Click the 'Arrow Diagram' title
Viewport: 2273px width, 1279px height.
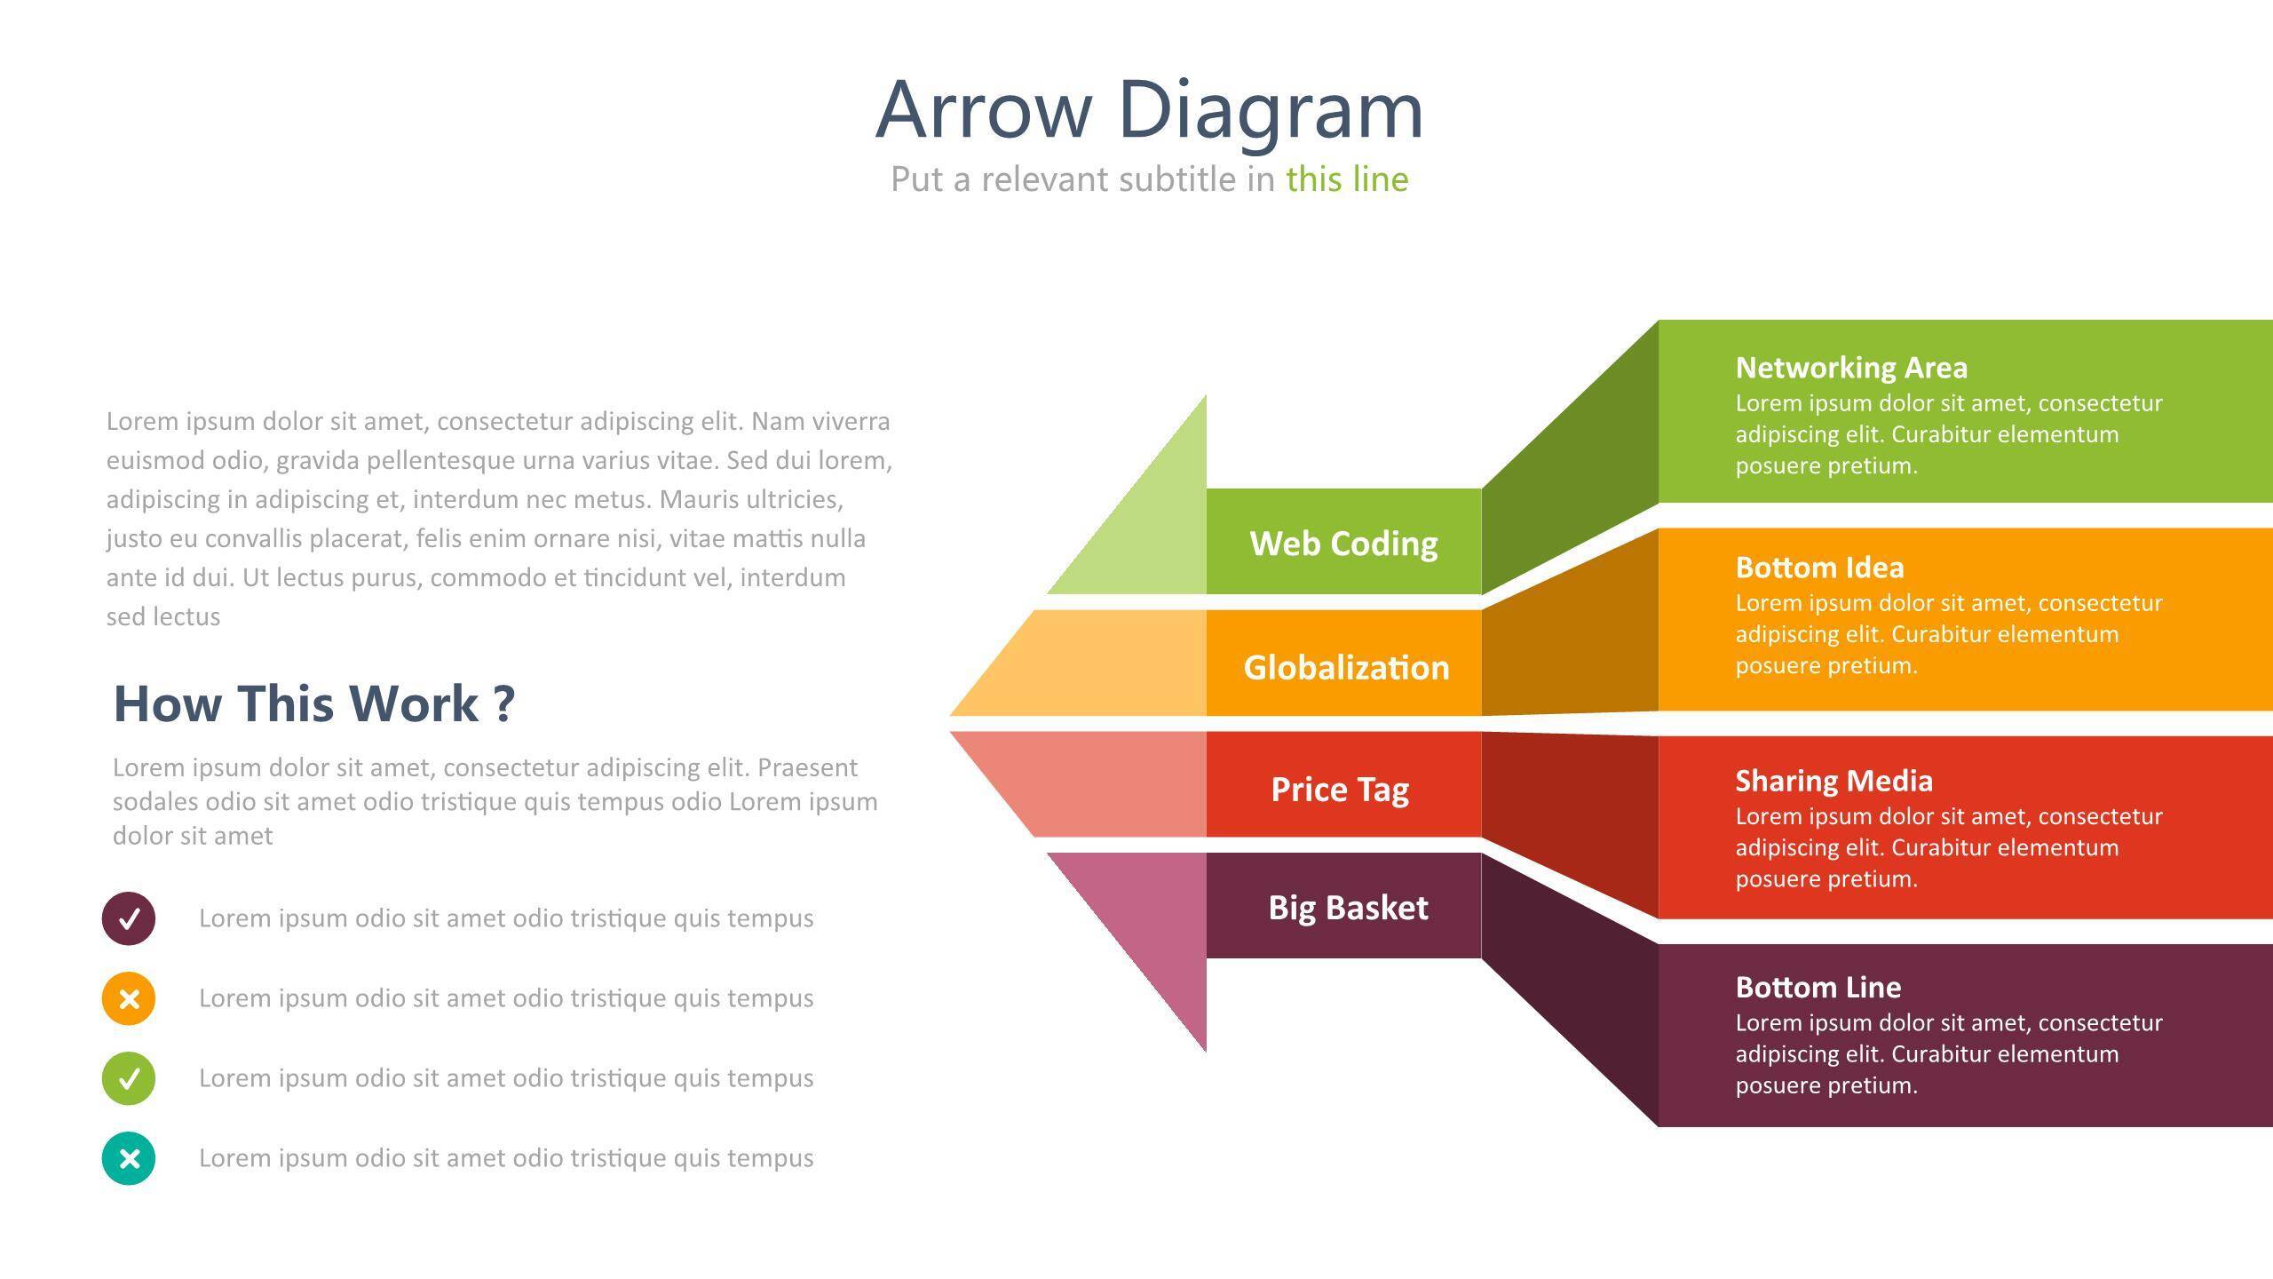(1149, 110)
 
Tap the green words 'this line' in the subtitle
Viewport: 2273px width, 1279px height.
(1346, 179)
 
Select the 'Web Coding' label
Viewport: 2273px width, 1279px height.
(1343, 544)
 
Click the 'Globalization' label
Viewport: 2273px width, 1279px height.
(1346, 667)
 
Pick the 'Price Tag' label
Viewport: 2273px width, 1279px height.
(1340, 789)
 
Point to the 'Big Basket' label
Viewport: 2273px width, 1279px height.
(1348, 908)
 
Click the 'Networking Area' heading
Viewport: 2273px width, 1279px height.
(1851, 368)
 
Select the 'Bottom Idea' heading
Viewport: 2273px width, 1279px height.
(1819, 568)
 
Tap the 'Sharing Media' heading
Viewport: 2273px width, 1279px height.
(1833, 781)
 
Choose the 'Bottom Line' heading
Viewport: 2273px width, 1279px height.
(1818, 988)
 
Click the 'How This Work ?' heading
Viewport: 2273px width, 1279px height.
(314, 703)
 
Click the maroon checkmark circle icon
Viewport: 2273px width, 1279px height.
(129, 918)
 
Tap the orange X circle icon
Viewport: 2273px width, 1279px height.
(129, 998)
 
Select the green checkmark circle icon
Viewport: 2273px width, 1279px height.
(129, 1078)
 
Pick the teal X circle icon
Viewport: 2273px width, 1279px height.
(129, 1158)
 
